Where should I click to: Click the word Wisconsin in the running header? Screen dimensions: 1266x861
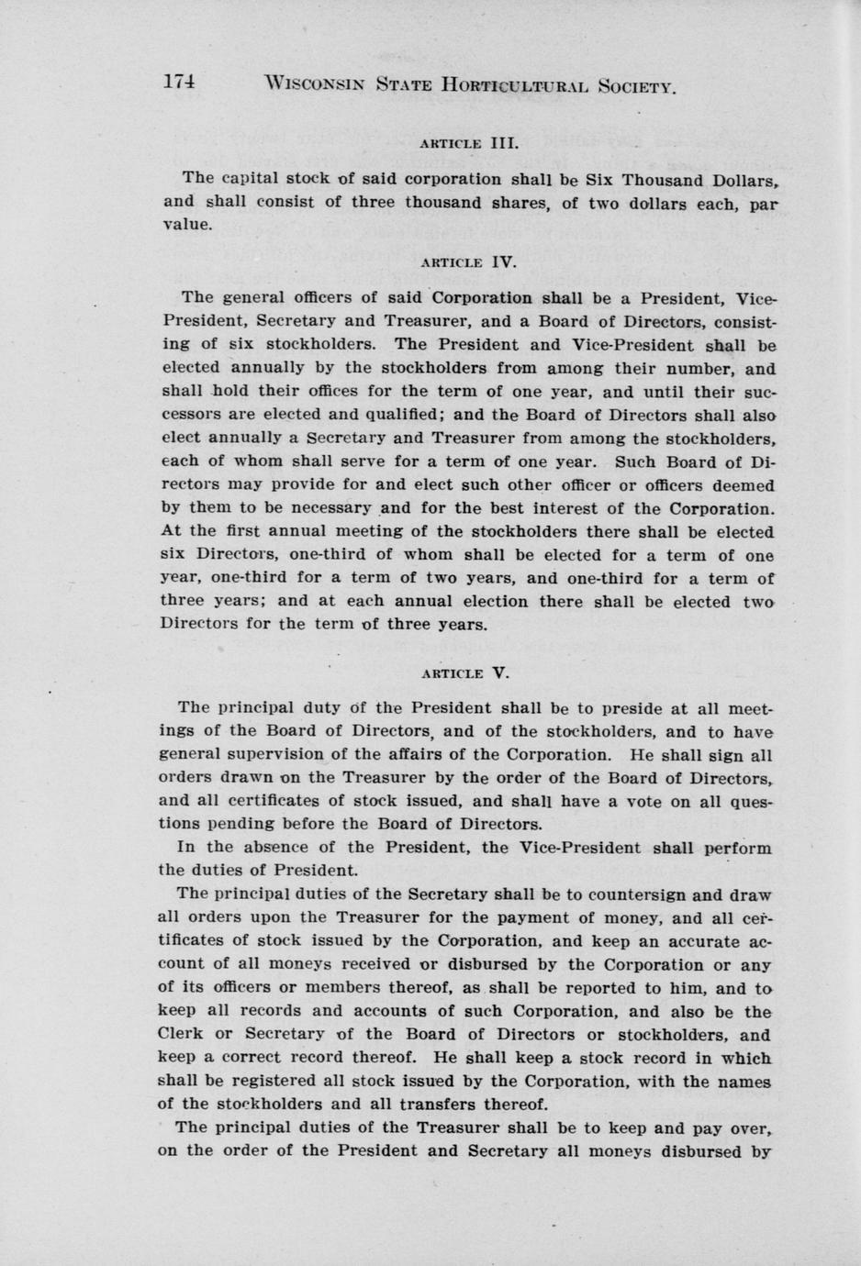(x=313, y=85)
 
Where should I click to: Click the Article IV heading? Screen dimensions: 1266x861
(x=468, y=261)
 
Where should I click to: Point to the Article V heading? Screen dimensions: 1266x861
(x=464, y=672)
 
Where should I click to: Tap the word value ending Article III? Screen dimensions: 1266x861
(x=187, y=225)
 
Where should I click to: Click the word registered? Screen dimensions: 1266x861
(x=263, y=1082)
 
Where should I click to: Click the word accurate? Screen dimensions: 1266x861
(x=696, y=941)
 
